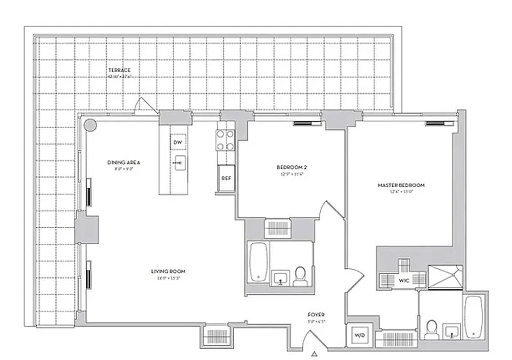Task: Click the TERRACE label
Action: pos(119,70)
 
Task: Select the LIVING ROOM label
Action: pos(168,271)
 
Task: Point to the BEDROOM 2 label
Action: pos(291,167)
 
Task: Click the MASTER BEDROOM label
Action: pos(401,185)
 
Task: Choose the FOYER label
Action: pos(316,315)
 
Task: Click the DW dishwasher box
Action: pos(178,143)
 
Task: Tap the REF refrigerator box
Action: pos(226,178)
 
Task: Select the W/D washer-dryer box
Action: pos(359,335)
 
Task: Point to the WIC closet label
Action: pos(403,280)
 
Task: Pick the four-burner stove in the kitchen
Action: pos(226,140)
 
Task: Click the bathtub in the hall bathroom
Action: pos(259,262)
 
